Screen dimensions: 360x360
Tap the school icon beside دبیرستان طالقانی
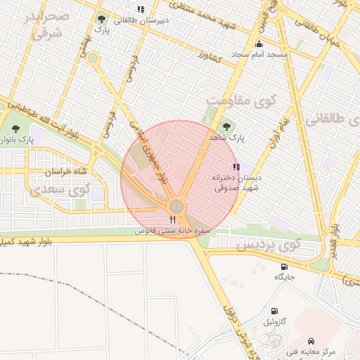pyautogui.click(x=141, y=10)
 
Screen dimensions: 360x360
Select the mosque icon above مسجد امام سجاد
pyautogui.click(x=259, y=44)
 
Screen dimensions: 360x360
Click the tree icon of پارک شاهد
pyautogui.click(x=226, y=127)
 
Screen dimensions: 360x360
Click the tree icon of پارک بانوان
pyautogui.click(x=16, y=129)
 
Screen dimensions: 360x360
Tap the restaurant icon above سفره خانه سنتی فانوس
pyautogui.click(x=173, y=221)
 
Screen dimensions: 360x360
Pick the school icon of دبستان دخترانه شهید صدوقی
pyautogui.click(x=236, y=167)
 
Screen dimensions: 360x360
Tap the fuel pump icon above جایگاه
pyautogui.click(x=284, y=266)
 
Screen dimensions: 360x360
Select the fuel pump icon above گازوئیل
pyautogui.click(x=274, y=311)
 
